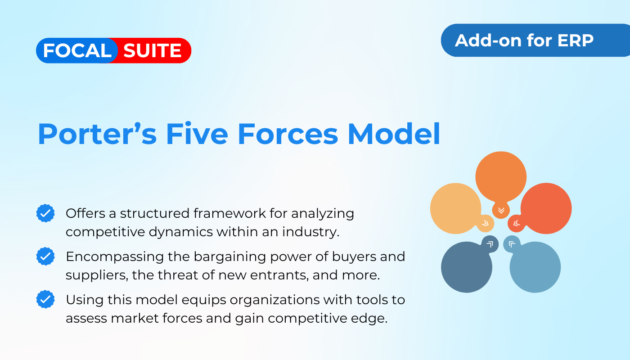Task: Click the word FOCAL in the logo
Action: [x=77, y=50]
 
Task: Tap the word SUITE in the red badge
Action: [x=153, y=50]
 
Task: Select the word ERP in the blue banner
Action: [x=575, y=40]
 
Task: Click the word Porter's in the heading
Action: [x=97, y=134]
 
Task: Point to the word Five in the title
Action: [x=197, y=134]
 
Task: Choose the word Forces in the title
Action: [x=288, y=134]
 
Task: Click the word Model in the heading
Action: [x=394, y=134]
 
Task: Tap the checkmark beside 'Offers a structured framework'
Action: [x=45, y=213]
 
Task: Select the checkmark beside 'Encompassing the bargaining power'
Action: [x=45, y=256]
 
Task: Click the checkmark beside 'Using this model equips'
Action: [x=45, y=299]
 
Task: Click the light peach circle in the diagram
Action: [x=455, y=208]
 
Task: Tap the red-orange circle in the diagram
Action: [x=546, y=208]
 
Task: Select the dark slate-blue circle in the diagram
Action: [x=467, y=267]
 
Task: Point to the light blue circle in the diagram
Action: [x=535, y=267]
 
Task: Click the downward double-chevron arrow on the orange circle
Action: [x=501, y=211]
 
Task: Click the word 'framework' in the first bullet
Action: [x=229, y=213]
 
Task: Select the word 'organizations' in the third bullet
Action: [x=275, y=300]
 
